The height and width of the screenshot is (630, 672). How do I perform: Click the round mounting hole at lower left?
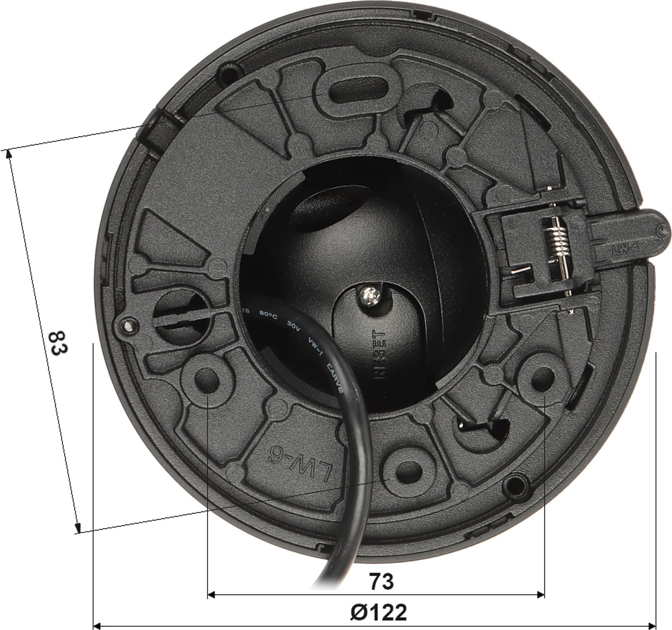207,379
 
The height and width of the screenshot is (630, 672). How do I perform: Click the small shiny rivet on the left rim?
127,326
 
